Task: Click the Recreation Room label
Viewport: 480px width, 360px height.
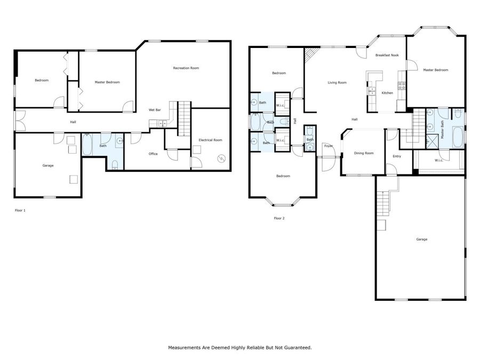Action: (x=186, y=68)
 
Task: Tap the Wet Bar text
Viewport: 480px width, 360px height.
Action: (x=155, y=110)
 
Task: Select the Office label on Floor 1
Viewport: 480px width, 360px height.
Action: (x=153, y=154)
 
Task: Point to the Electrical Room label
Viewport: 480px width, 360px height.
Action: (x=210, y=140)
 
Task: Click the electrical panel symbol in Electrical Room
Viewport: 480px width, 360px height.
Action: (x=222, y=158)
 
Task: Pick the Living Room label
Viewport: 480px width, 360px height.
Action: (x=337, y=83)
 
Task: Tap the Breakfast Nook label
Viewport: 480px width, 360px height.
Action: (x=387, y=55)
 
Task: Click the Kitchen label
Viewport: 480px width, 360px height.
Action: (x=387, y=93)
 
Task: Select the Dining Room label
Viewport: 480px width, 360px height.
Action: (x=364, y=154)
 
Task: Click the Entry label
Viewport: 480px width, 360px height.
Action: (x=397, y=156)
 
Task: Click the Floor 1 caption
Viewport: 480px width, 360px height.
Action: (x=20, y=211)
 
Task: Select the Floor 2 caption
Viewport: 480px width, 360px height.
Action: (x=279, y=218)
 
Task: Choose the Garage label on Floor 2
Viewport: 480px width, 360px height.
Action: (x=421, y=239)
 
